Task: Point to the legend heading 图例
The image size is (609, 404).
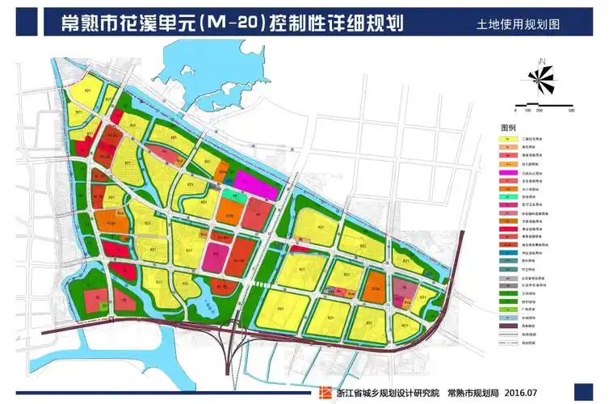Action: pos(508,128)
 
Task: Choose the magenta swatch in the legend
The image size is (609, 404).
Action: pos(508,171)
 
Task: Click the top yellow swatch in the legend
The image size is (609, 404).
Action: pos(508,139)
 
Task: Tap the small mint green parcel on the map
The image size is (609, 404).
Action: pos(233,196)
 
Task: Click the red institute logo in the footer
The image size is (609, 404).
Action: pos(325,391)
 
